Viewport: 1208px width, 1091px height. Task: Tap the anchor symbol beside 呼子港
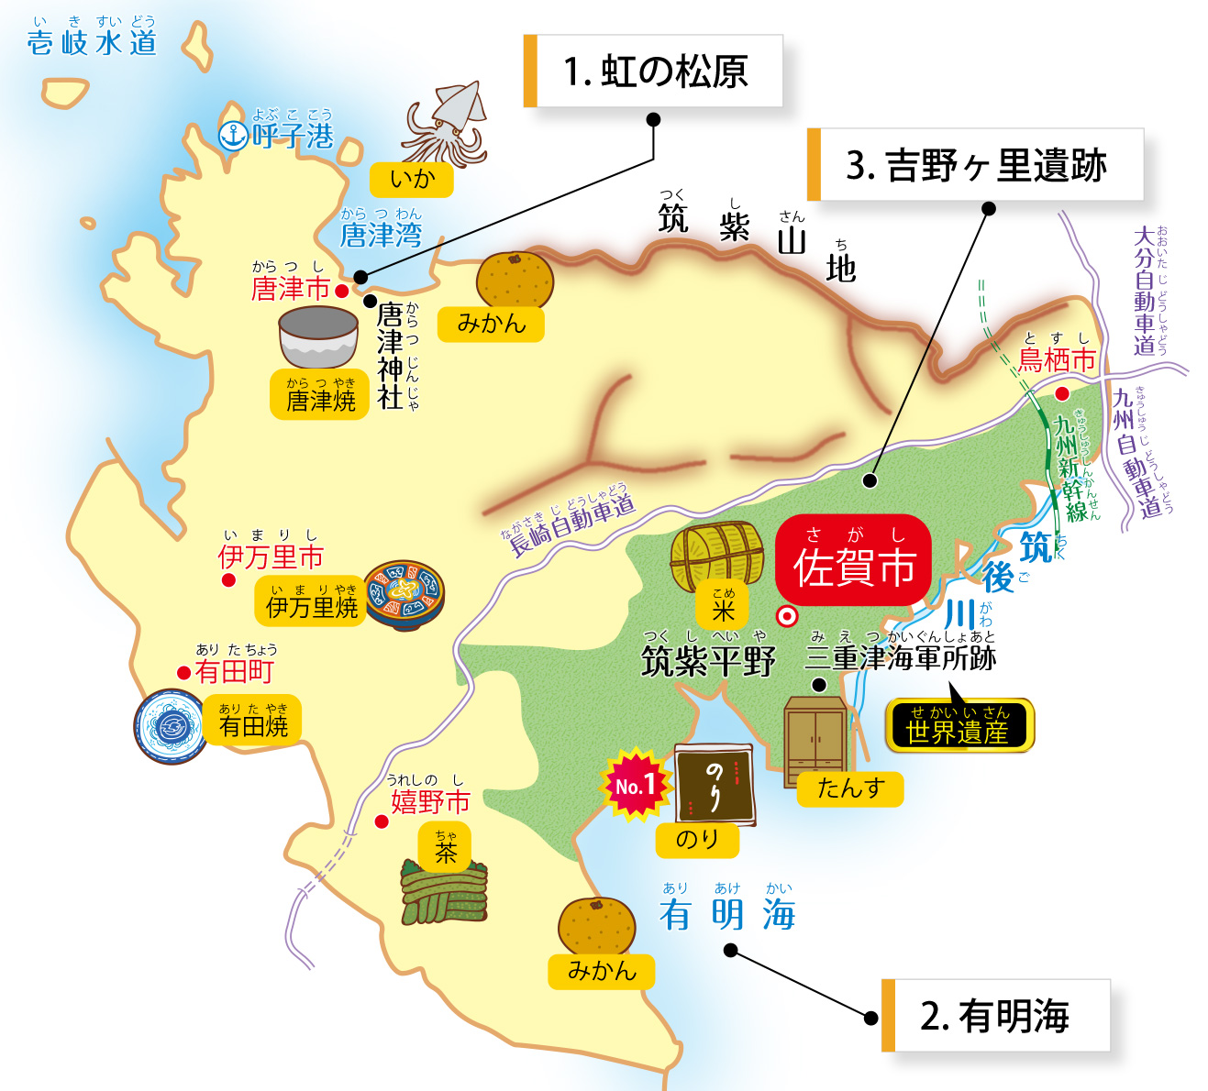click(x=233, y=136)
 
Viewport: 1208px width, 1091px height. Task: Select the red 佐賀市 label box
click(x=853, y=560)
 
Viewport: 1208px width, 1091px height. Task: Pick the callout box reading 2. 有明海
click(x=996, y=1016)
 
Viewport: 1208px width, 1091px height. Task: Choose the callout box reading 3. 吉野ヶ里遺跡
click(x=976, y=165)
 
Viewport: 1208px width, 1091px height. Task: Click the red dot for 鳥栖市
click(x=1062, y=393)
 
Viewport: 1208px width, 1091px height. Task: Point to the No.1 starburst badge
click(x=634, y=784)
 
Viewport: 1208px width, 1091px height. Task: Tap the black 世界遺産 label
click(x=958, y=725)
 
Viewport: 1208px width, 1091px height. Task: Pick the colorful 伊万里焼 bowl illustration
click(x=405, y=594)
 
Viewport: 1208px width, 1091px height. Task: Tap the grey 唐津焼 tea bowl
click(x=318, y=336)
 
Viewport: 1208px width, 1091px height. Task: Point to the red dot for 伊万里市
click(x=228, y=580)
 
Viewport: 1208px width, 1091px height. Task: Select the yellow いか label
click(x=412, y=179)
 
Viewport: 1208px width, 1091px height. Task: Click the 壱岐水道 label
click(x=92, y=42)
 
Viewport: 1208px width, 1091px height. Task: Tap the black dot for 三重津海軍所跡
click(x=819, y=685)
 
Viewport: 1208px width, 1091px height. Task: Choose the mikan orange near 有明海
click(x=597, y=926)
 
